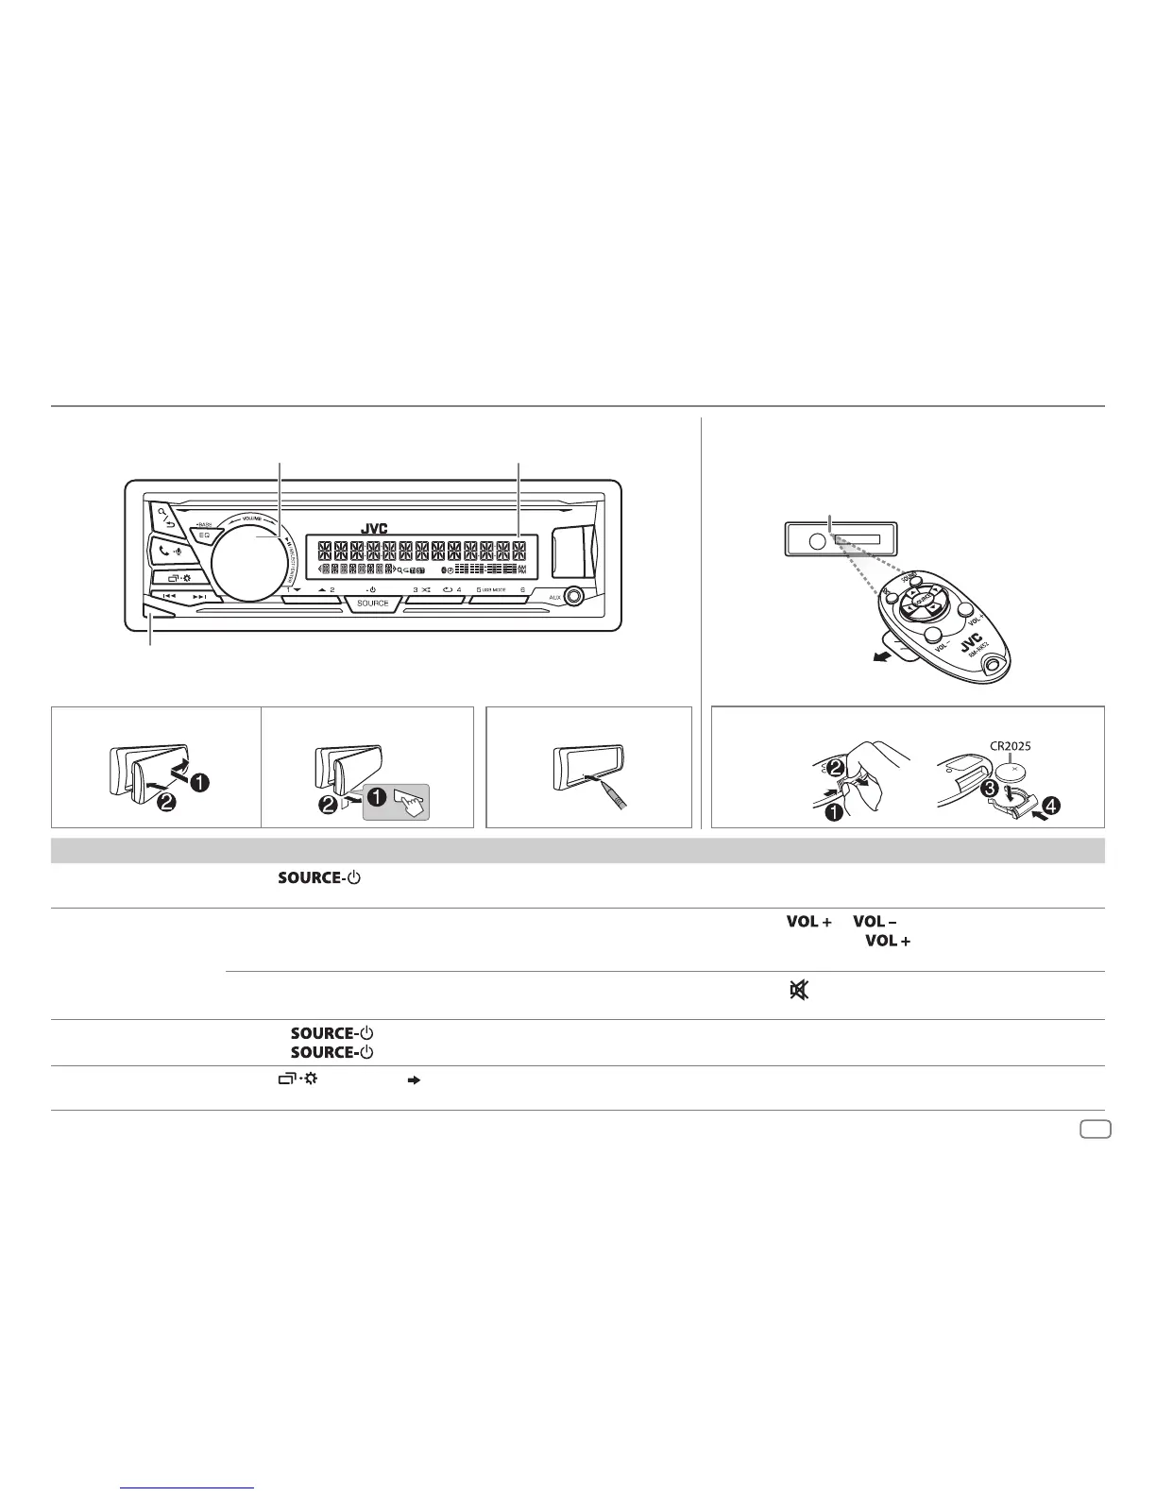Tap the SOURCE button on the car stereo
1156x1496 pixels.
point(373,603)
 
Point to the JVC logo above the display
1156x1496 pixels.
point(375,529)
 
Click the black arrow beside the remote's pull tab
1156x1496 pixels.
point(882,657)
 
